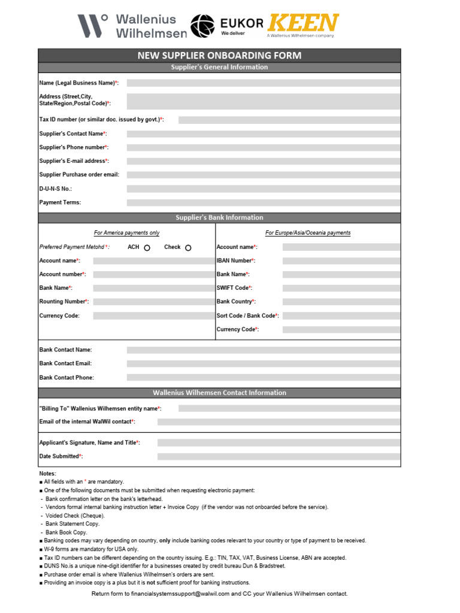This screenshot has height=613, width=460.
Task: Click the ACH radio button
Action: pos(147,248)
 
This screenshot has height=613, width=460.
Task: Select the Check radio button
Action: pos(188,248)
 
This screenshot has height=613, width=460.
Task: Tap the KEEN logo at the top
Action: pos(302,23)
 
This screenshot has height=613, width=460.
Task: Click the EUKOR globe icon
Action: pos(204,26)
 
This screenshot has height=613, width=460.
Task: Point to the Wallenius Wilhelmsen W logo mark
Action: pos(93,26)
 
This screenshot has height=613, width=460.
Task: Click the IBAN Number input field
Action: pos(341,261)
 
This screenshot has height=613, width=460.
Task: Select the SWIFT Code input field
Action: pos(341,288)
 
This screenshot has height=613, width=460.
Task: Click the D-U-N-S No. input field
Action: pos(263,189)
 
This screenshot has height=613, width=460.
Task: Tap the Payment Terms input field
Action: pos(263,202)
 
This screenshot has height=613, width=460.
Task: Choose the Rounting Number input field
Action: pos(152,302)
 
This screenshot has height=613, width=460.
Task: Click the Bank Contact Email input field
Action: pos(263,363)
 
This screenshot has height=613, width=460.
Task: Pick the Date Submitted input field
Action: pos(279,456)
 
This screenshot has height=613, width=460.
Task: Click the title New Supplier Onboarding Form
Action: pos(219,56)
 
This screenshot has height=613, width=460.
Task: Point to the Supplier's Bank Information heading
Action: pos(219,218)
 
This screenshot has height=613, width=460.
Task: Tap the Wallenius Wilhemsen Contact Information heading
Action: pos(219,393)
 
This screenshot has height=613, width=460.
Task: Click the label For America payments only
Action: pos(126,233)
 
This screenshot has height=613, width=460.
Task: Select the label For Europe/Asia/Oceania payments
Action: pos(308,233)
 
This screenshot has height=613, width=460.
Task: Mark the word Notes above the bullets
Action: pos(47,474)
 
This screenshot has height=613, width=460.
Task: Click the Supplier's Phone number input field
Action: pos(263,147)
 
